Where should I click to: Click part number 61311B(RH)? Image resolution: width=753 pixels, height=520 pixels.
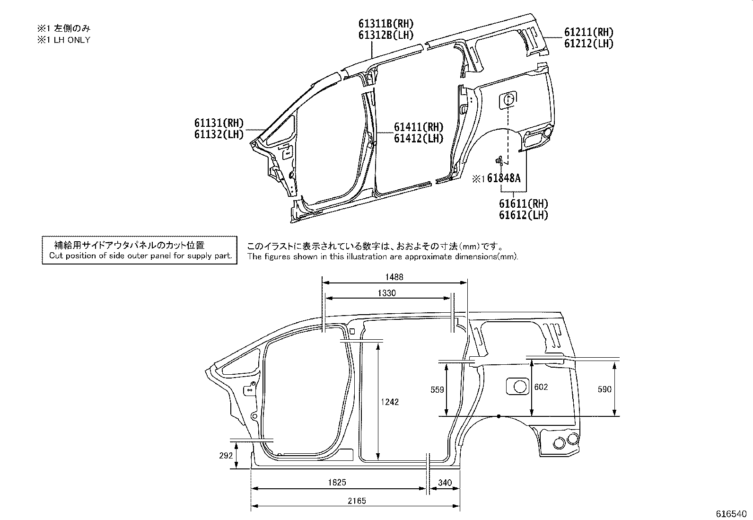(385, 24)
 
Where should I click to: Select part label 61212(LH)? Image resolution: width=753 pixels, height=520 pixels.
(588, 44)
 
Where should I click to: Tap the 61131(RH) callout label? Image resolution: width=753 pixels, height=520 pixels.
(219, 123)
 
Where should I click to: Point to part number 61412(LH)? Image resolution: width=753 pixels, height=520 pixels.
(419, 139)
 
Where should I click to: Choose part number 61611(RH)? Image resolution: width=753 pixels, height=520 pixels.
(523, 204)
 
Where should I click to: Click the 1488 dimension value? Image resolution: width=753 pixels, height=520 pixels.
(394, 277)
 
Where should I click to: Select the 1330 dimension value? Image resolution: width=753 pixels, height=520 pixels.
(386, 293)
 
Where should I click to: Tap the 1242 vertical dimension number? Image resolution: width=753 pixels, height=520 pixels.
(390, 402)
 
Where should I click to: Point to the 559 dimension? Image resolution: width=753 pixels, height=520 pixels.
(438, 389)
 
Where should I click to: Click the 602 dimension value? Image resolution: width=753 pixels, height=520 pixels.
(541, 387)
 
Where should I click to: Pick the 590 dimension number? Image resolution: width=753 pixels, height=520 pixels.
(604, 389)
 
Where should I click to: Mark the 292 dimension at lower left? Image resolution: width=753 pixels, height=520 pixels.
(226, 456)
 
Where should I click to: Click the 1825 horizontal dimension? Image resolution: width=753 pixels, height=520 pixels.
(337, 483)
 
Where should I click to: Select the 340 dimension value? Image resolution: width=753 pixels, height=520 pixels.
(445, 483)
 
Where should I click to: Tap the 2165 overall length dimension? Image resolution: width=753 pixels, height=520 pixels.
(357, 501)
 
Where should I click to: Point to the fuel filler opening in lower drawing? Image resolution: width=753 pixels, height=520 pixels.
(519, 387)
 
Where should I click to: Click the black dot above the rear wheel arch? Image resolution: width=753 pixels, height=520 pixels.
(499, 416)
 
